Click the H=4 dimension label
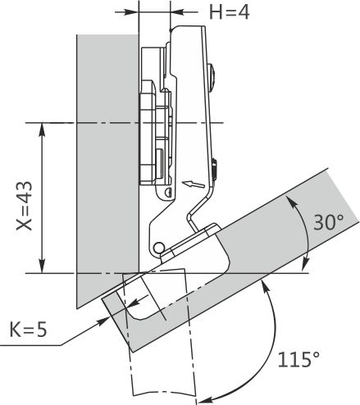coord(229,12)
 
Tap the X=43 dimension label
coord(25,206)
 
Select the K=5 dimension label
coord(28,330)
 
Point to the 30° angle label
coord(328,222)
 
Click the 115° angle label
coord(298,359)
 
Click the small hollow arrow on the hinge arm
coord(194,184)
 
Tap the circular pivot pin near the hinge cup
coord(158,248)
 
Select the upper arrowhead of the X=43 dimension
coord(42,129)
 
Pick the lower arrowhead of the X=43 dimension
coord(42,266)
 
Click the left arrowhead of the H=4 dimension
coord(132,12)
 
